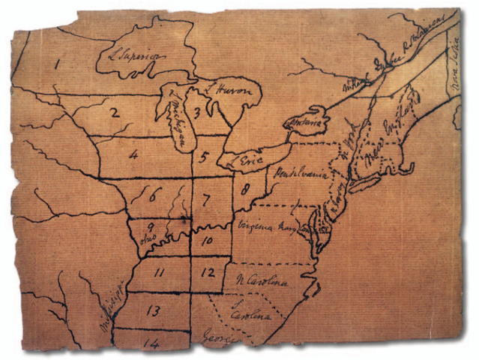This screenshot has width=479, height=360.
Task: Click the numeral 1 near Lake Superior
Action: click(x=57, y=64)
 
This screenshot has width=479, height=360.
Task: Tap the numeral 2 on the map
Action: click(x=115, y=113)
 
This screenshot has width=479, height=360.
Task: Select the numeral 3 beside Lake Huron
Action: click(x=196, y=113)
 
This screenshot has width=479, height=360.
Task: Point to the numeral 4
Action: click(x=133, y=155)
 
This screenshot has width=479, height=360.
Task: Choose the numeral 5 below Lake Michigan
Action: click(x=203, y=157)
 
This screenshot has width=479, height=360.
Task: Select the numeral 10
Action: click(x=208, y=241)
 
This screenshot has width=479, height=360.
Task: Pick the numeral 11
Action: click(x=159, y=273)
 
